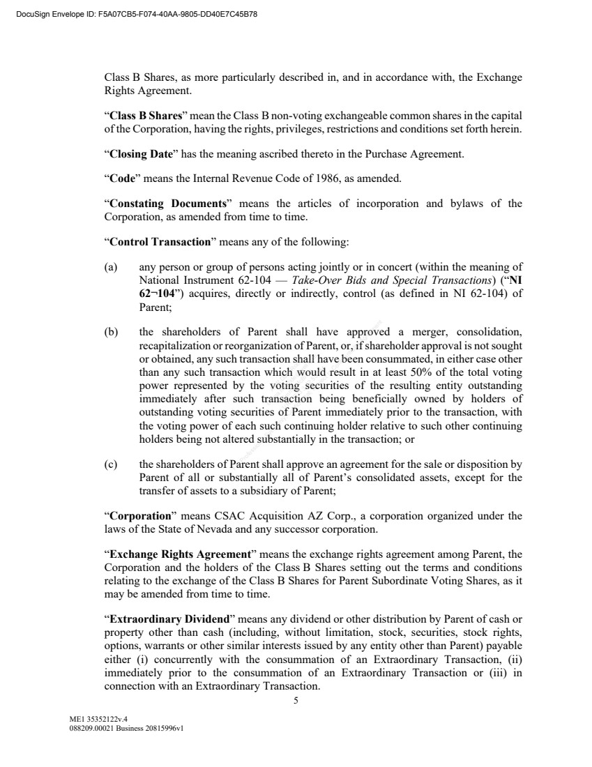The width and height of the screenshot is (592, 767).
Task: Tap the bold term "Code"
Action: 121,179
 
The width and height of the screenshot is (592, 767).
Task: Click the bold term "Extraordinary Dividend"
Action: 168,619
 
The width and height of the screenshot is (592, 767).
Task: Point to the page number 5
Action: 296,701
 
